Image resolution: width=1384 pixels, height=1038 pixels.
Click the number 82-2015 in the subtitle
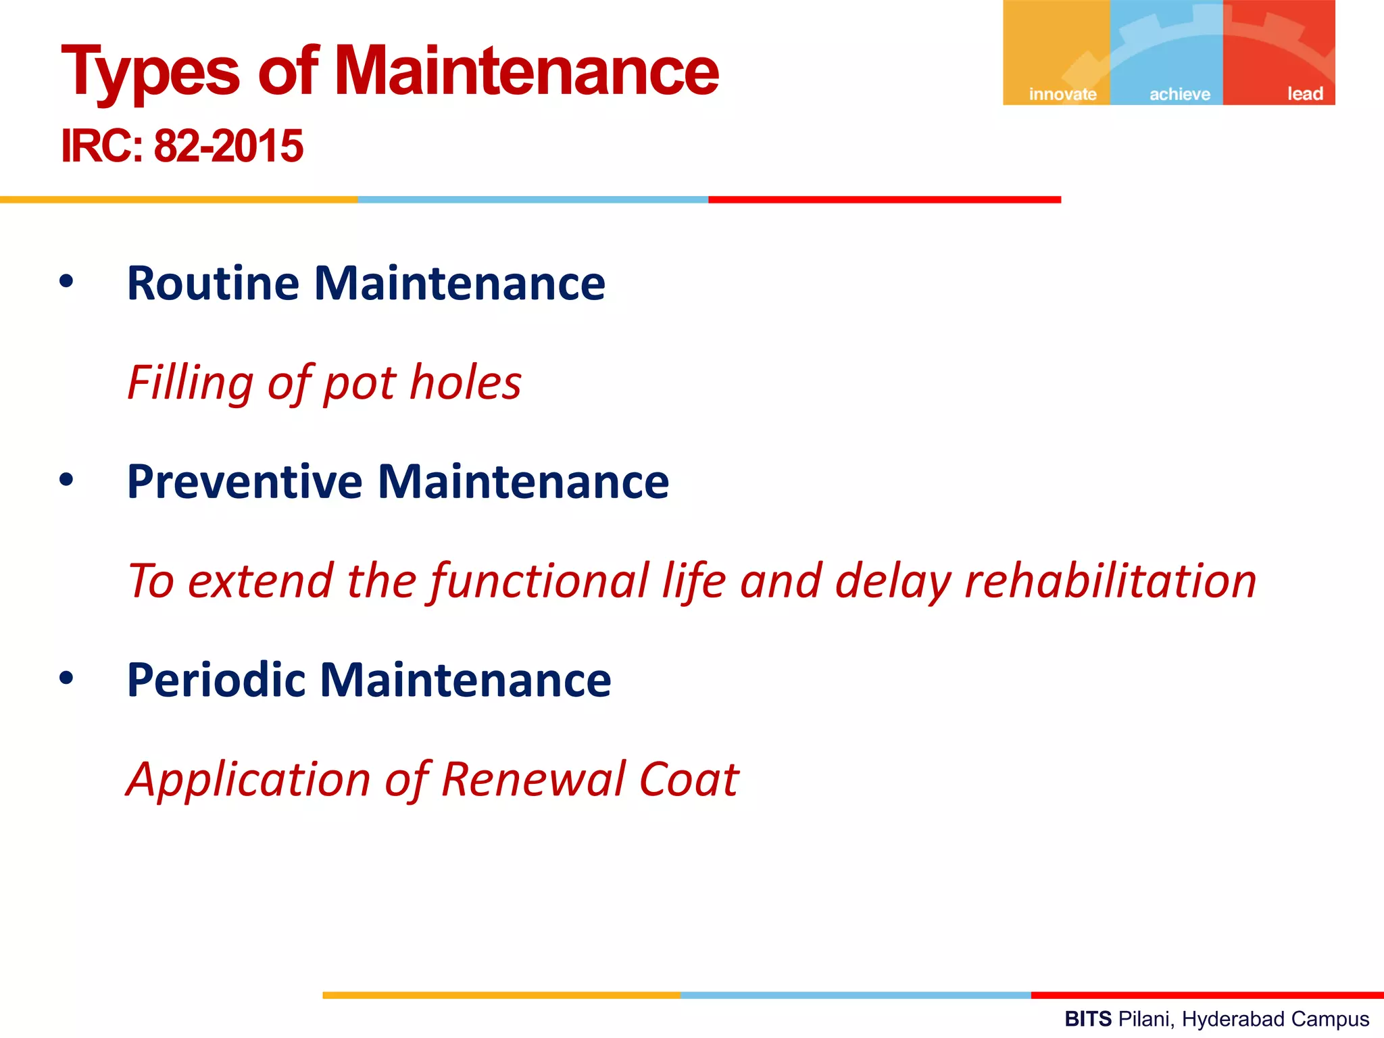click(228, 146)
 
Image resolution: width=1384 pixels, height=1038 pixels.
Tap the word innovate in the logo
click(1062, 94)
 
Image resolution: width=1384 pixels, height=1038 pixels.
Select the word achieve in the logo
click(1180, 94)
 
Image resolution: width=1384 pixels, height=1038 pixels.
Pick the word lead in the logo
click(1304, 94)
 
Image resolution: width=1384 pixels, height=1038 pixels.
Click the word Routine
click(213, 283)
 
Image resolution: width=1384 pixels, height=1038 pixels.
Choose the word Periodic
click(215, 680)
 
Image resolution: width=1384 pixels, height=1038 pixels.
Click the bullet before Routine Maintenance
click(66, 282)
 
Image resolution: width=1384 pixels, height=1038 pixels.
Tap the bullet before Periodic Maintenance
click(66, 678)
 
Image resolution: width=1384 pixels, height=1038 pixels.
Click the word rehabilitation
click(1110, 581)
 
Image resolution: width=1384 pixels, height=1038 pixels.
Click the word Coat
click(689, 779)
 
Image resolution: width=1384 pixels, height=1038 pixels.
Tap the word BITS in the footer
click(1088, 1018)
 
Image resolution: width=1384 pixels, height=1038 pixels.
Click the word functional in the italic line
click(539, 581)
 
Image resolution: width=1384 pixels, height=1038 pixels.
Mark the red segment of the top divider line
click(884, 199)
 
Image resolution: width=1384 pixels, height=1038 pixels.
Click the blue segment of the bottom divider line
click(855, 995)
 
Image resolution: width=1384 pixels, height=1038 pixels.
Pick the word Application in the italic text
click(249, 779)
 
